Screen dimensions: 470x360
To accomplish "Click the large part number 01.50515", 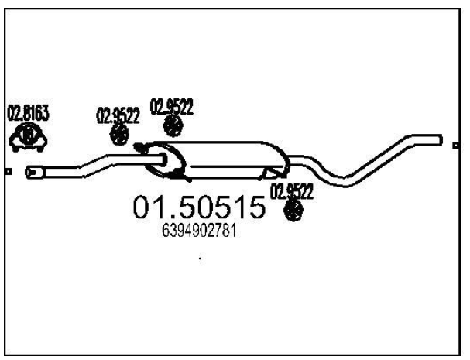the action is point(199,207).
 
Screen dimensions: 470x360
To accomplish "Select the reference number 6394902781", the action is point(199,231).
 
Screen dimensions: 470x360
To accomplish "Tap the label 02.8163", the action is point(28,113).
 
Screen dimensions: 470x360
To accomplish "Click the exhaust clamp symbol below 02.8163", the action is point(28,137).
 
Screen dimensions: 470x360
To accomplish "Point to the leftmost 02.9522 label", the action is point(118,115).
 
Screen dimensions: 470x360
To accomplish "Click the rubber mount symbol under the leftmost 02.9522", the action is point(119,135).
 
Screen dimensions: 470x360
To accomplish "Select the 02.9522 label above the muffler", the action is point(171,107).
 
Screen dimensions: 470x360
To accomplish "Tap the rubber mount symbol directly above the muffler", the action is point(173,125).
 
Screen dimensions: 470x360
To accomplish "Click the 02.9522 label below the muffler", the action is point(292,191).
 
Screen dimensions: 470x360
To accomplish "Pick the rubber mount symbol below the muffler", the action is point(293,210).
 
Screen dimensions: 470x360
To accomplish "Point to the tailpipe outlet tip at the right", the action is point(440,140).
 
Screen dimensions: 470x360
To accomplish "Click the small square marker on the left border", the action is point(9,172).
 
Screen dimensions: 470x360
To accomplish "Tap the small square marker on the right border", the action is point(455,146).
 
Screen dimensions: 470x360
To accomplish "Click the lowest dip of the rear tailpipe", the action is point(345,182).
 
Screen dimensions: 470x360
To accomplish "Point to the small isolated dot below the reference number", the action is point(200,258).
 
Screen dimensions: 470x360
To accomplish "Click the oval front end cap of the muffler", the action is point(165,160).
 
